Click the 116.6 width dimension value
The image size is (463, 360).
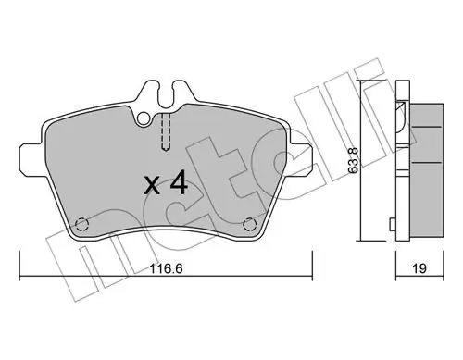coord(167,268)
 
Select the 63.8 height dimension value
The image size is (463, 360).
coord(354,160)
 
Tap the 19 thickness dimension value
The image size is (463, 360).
coord(419,268)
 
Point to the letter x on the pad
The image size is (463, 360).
coord(152,186)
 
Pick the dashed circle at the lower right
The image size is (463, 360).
coord(249,224)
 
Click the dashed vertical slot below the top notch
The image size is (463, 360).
coord(166,132)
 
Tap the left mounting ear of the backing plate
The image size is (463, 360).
coord(31,160)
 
